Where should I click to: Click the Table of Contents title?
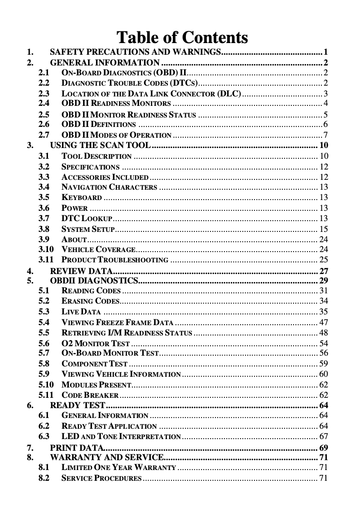click(182, 37)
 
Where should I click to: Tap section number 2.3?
click(44, 94)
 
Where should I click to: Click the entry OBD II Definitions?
click(98, 124)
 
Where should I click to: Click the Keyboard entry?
click(82, 198)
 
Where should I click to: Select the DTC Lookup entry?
click(87, 218)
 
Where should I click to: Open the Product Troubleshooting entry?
click(114, 260)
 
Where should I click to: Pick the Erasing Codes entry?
click(90, 301)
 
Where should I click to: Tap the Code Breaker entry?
click(90, 396)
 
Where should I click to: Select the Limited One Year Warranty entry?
click(119, 468)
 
